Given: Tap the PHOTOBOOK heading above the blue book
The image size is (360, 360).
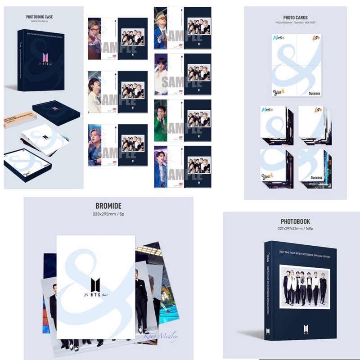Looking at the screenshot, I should click(x=295, y=221).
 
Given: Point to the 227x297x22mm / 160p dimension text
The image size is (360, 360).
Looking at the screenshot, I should click(x=295, y=229).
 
